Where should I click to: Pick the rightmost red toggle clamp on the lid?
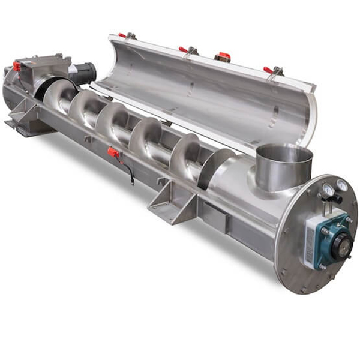click(x=272, y=71)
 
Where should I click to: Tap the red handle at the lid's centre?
click(x=223, y=56)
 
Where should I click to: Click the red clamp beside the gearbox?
click(x=16, y=65)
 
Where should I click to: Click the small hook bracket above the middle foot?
click(x=161, y=181)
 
